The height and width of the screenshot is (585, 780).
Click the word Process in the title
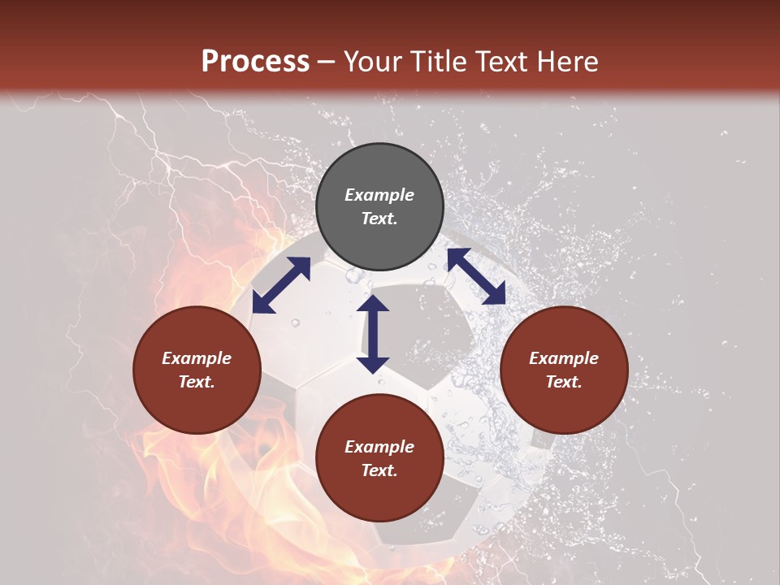coord(255,62)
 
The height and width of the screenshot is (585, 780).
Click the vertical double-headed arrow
coord(373,334)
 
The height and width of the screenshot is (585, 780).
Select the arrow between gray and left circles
coord(280,285)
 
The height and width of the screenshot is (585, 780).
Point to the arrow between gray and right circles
coord(476,276)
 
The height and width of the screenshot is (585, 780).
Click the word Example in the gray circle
coord(379,195)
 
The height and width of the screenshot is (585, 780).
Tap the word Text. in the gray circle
coord(379,219)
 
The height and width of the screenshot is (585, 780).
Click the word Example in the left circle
coord(197,358)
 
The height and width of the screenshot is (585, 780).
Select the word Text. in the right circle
coord(564,382)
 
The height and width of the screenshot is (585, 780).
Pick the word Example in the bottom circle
coord(379,447)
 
